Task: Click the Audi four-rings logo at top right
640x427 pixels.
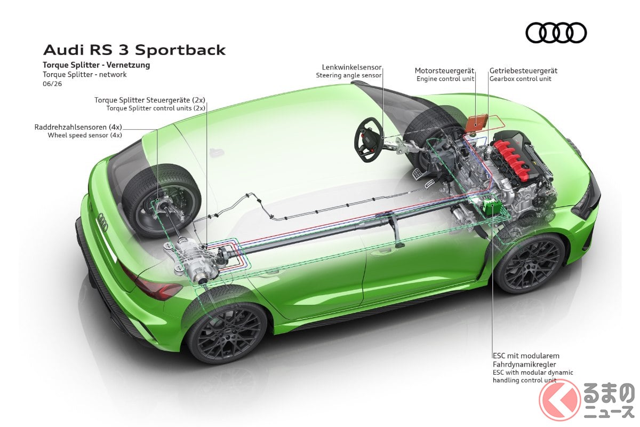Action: [x=556, y=33]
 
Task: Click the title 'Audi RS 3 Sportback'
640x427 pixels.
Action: [x=134, y=50]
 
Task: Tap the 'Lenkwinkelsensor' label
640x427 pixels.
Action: [x=351, y=67]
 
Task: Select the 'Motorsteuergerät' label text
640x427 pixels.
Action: [x=444, y=70]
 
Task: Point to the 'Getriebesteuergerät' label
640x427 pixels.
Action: [x=523, y=70]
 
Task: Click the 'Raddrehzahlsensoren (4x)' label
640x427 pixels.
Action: [x=78, y=127]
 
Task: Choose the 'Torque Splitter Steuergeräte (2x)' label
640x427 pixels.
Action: [x=150, y=100]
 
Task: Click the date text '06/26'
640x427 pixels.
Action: [x=52, y=84]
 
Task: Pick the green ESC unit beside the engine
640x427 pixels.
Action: [x=491, y=207]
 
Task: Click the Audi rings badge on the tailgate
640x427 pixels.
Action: [x=102, y=222]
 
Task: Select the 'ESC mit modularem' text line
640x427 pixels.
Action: [x=526, y=356]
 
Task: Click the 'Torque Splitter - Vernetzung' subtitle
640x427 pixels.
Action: [x=97, y=65]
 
